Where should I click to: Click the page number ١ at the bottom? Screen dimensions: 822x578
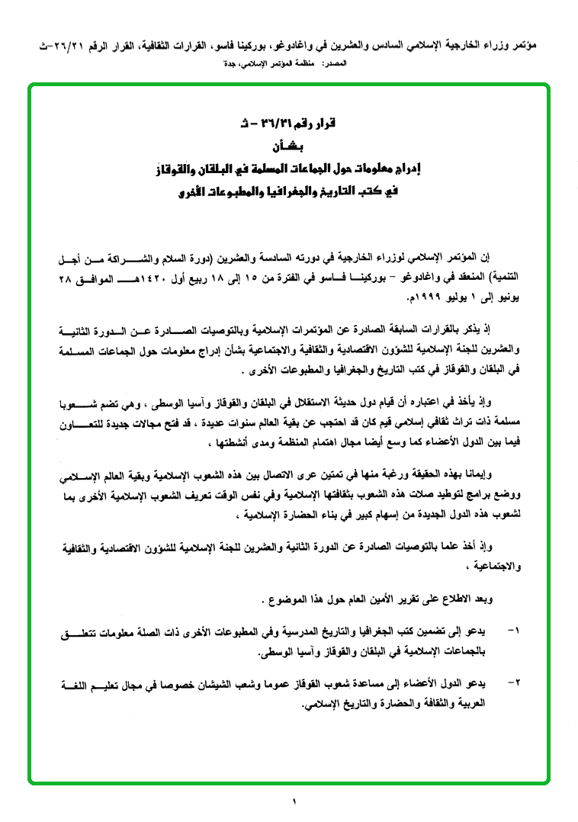[294, 801]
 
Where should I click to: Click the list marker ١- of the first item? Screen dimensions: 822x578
[512, 632]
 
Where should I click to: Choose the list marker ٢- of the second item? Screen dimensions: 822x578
[512, 680]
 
